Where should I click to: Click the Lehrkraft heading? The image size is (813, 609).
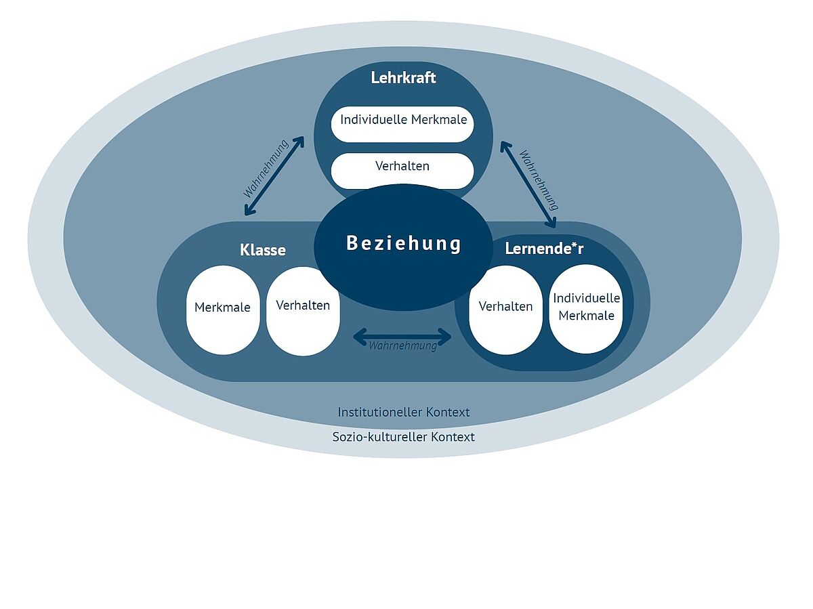pos(403,77)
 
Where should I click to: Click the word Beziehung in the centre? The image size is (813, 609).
pos(404,243)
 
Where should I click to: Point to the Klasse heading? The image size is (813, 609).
pos(263,250)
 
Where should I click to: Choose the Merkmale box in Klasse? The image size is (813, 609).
pos(222,309)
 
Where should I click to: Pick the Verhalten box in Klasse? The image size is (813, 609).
pos(303,310)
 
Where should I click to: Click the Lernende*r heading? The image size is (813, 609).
pos(544,249)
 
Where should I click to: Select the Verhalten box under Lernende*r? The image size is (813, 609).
pos(505,309)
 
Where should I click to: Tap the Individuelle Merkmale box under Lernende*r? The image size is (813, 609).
pos(586,308)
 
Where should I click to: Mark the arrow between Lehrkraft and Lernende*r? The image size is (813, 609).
pos(528,183)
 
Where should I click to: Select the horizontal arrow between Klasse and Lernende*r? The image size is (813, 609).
pos(402,335)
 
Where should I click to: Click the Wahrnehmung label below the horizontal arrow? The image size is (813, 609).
pos(402,346)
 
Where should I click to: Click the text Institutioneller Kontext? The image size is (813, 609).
pos(403,412)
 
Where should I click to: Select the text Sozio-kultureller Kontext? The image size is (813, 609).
pos(403,437)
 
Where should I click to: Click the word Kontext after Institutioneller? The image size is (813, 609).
pos(447,412)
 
